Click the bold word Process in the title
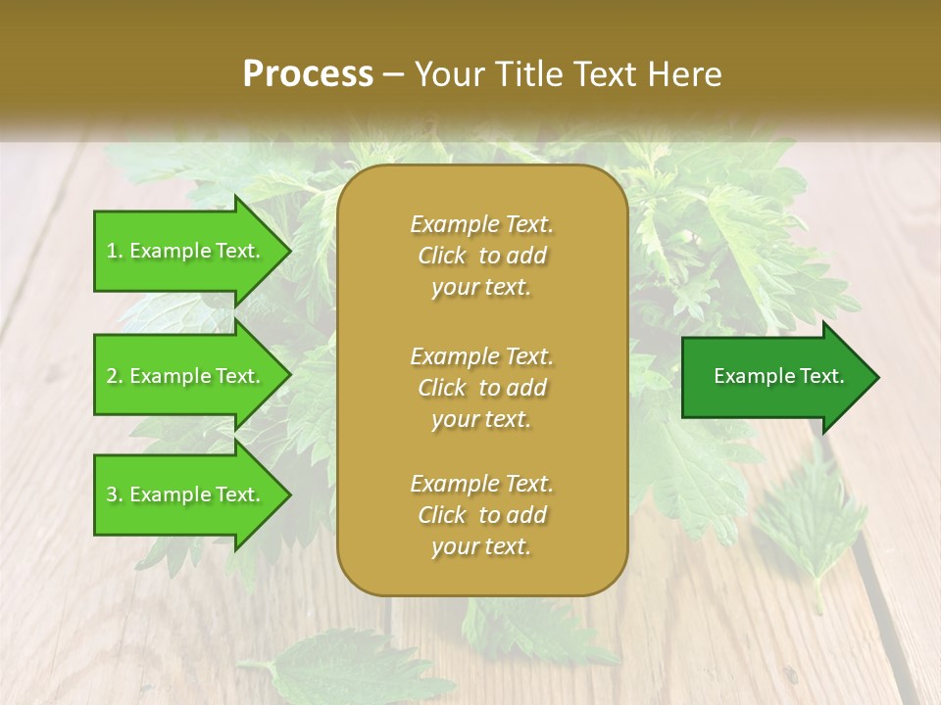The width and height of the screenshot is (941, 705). pyautogui.click(x=308, y=74)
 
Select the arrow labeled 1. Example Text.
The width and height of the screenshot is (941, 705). pyautogui.click(x=186, y=251)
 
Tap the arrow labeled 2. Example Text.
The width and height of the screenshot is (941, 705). pyautogui.click(x=186, y=376)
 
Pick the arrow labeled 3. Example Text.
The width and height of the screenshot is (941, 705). pyautogui.click(x=186, y=494)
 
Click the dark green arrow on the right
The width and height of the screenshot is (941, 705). pyautogui.click(x=774, y=377)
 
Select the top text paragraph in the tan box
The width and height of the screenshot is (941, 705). pyautogui.click(x=481, y=256)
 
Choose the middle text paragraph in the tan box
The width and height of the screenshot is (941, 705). pyautogui.click(x=481, y=388)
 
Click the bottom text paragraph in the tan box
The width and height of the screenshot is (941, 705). pyautogui.click(x=481, y=515)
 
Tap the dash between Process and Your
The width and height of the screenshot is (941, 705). pyautogui.click(x=394, y=74)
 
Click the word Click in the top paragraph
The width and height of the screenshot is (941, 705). pyautogui.click(x=442, y=256)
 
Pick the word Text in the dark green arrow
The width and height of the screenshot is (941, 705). pyautogui.click(x=820, y=376)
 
